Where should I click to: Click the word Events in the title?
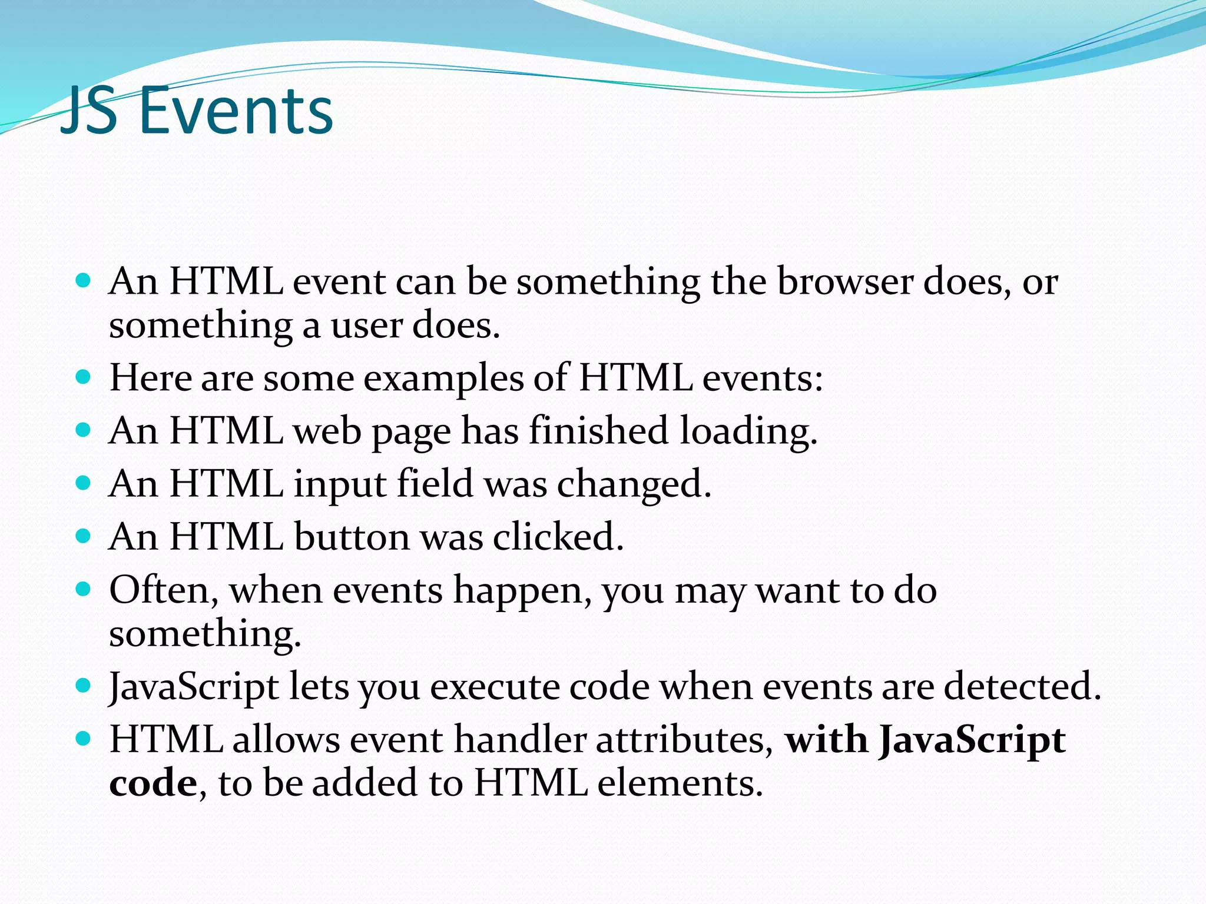coord(236,111)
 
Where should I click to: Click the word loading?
coord(748,431)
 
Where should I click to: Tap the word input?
coord(340,484)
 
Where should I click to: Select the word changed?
coord(634,484)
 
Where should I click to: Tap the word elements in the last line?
coord(677,784)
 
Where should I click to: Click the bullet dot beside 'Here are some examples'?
coord(84,377)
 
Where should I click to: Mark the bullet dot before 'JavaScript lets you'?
coord(84,685)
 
